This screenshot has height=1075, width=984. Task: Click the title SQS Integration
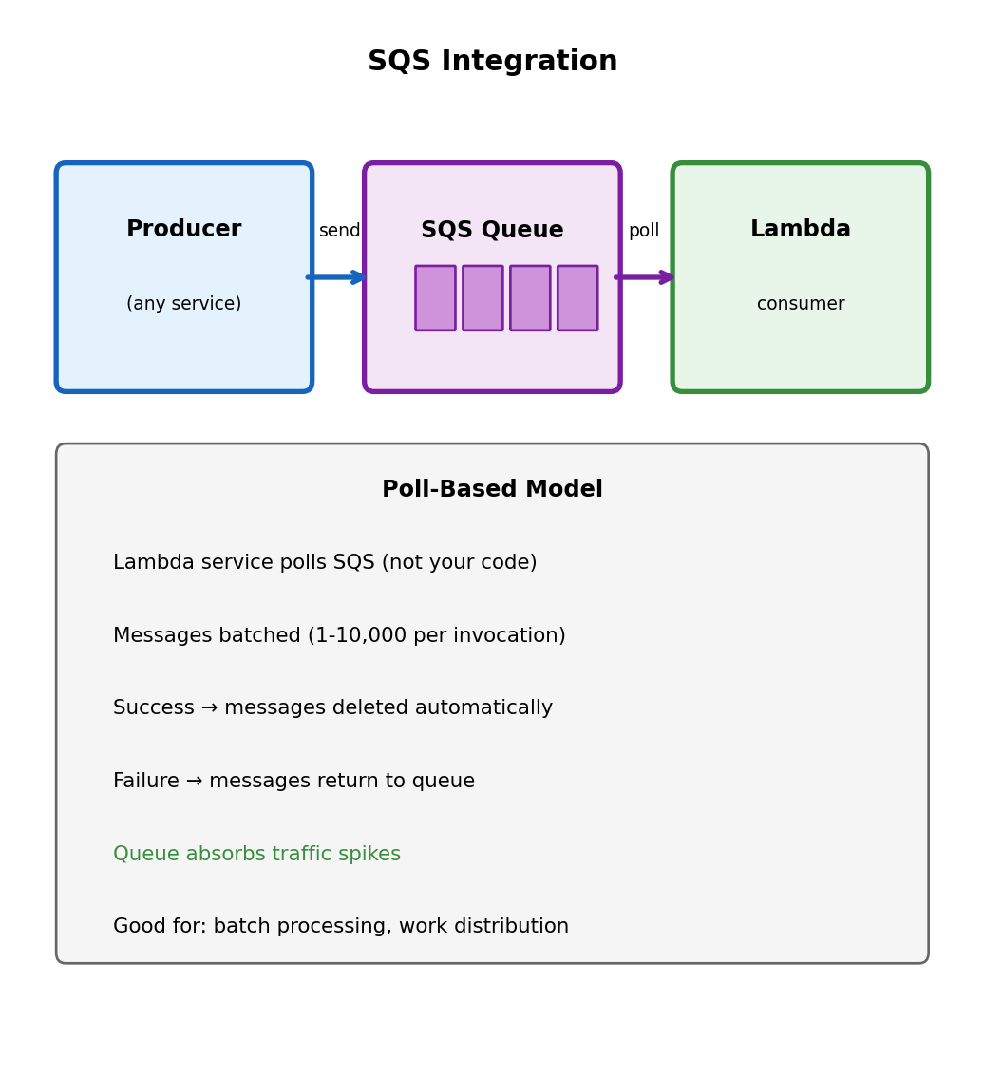click(492, 61)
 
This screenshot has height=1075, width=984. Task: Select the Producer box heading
click(183, 228)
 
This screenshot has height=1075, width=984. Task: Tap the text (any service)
click(183, 303)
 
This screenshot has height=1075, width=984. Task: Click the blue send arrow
click(336, 277)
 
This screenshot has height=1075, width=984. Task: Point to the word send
click(339, 231)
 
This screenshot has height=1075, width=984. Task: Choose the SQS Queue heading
click(492, 229)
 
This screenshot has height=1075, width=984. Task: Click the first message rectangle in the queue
click(435, 298)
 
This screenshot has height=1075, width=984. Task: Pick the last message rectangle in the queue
click(577, 298)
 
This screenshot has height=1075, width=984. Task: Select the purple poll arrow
click(644, 277)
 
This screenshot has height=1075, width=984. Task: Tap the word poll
click(644, 231)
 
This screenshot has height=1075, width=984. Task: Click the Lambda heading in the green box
click(801, 228)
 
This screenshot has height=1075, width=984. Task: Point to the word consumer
click(801, 304)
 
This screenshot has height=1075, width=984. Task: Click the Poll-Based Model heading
click(492, 489)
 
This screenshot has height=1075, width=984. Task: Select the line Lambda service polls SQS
click(325, 562)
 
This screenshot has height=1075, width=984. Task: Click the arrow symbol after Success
click(209, 707)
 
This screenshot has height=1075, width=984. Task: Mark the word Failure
click(146, 781)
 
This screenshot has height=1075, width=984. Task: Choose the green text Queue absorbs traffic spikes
click(257, 854)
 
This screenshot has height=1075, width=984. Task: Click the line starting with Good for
click(341, 926)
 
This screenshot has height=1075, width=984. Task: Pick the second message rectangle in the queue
click(483, 298)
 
